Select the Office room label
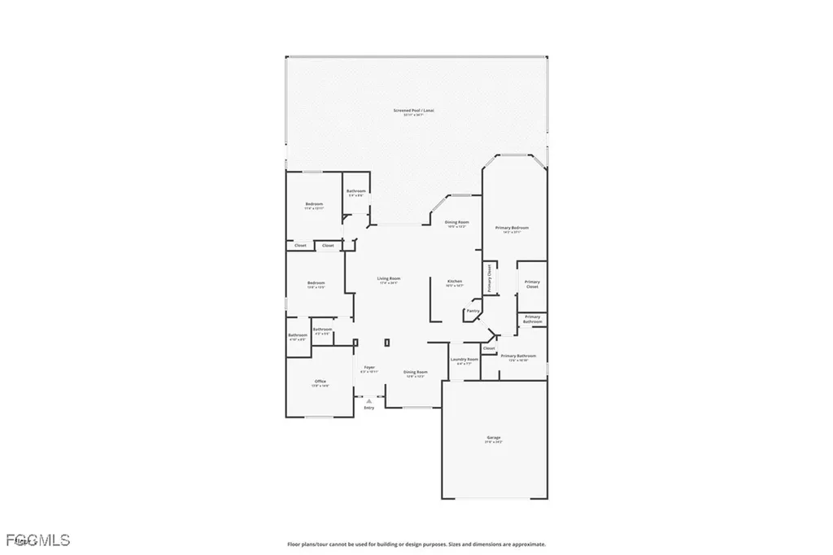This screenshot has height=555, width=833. pyautogui.click(x=320, y=382)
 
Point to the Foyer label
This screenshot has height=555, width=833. pyautogui.click(x=369, y=368)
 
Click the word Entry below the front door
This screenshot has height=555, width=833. pyautogui.click(x=369, y=408)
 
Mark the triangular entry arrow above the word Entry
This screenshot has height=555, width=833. pyautogui.click(x=369, y=400)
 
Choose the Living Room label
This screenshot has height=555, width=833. pyautogui.click(x=388, y=279)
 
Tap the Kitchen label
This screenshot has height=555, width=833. pyautogui.click(x=454, y=282)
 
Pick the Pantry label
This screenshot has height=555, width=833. pyautogui.click(x=472, y=311)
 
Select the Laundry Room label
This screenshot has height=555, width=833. pyautogui.click(x=464, y=359)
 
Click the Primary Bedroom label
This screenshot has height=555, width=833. pyautogui.click(x=514, y=228)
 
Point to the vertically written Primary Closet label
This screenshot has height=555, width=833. pyautogui.click(x=490, y=278)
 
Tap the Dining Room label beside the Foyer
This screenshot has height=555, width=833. pyautogui.click(x=416, y=372)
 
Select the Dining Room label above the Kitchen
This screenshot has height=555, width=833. pyautogui.click(x=456, y=222)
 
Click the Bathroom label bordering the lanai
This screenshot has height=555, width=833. pyautogui.click(x=355, y=191)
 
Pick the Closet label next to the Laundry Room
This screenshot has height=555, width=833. pyautogui.click(x=489, y=348)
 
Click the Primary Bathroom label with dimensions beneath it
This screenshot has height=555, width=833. pyautogui.click(x=518, y=356)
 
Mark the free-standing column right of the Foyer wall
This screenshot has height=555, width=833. pyautogui.click(x=387, y=343)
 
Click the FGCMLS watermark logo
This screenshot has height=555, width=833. pyautogui.click(x=36, y=540)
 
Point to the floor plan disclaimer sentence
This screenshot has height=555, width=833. pyautogui.click(x=416, y=544)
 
